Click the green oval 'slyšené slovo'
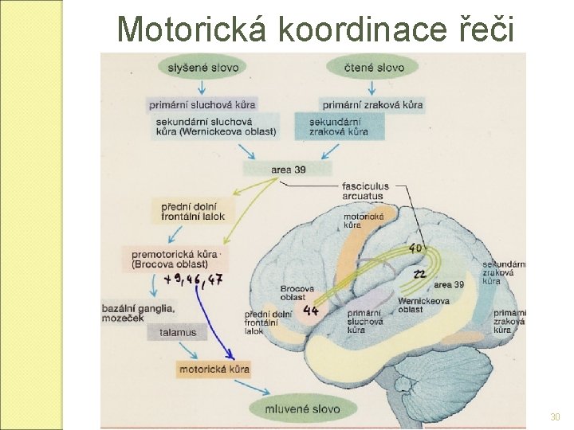[x=202, y=68]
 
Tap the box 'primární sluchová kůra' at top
[x=202, y=104]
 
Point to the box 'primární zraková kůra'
[x=372, y=104]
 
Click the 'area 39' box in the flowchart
[x=287, y=170]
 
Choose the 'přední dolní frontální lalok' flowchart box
[x=193, y=210]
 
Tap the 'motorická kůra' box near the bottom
[x=214, y=369]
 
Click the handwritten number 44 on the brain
[x=311, y=310]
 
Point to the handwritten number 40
[x=415, y=249]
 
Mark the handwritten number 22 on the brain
[x=419, y=274]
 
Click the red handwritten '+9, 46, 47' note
[x=193, y=279]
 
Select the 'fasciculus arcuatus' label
[x=366, y=191]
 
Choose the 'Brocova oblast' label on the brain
[x=297, y=292]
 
